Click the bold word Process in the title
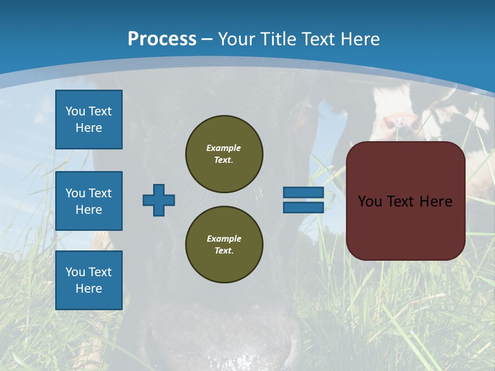[162, 39]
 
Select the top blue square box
[89, 120]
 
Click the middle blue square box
[89, 201]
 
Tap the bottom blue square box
[89, 280]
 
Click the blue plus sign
[159, 200]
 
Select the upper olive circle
[224, 154]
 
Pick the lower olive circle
[224, 245]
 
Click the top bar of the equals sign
[303, 193]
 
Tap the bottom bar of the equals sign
[303, 208]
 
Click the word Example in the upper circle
[223, 148]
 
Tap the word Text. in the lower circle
[224, 251]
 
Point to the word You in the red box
[370, 201]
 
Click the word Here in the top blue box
[89, 128]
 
